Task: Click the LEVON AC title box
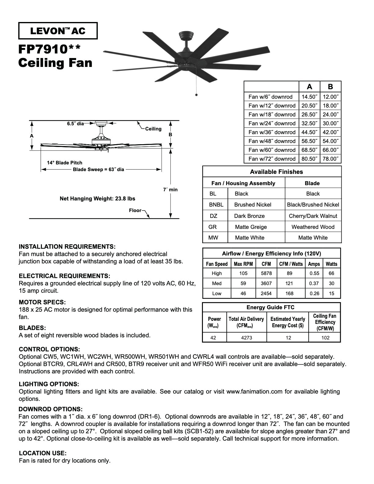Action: pyautogui.click(x=58, y=31)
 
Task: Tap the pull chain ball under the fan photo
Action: pyautogui.click(x=196, y=95)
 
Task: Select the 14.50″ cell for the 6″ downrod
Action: pyautogui.click(x=309, y=97)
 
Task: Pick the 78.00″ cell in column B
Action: pyautogui.click(x=331, y=159)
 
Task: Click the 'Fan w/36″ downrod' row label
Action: pyautogui.click(x=272, y=132)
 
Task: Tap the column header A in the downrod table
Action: pyautogui.click(x=309, y=87)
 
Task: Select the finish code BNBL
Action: pyautogui.click(x=216, y=205)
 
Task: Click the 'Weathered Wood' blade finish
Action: pyautogui.click(x=313, y=227)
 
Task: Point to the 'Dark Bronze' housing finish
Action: pyautogui.click(x=249, y=216)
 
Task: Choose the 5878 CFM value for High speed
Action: pyautogui.click(x=266, y=273)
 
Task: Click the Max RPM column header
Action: pyautogui.click(x=243, y=264)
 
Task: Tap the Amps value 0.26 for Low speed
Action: pyautogui.click(x=314, y=294)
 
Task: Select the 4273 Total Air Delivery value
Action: pyautogui.click(x=247, y=338)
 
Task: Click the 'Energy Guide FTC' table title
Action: pyautogui.click(x=270, y=307)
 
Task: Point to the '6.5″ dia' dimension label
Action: pyautogui.click(x=75, y=124)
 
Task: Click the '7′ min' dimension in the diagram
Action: pyautogui.click(x=170, y=190)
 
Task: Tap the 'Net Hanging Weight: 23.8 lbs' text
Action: pyautogui.click(x=97, y=199)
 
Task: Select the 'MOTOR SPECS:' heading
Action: pyautogui.click(x=42, y=302)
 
